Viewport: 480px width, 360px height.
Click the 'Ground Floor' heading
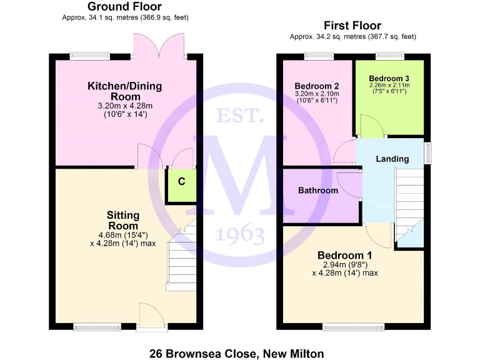point(125,7)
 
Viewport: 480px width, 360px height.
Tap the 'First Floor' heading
point(352,26)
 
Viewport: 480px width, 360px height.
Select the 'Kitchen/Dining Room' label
point(125,91)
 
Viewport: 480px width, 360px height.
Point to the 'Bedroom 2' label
point(317,86)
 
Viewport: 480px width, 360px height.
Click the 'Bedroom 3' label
point(389,77)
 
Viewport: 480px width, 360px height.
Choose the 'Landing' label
point(392,159)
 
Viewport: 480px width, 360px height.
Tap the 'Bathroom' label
point(317,190)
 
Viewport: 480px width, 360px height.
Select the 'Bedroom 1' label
point(344,255)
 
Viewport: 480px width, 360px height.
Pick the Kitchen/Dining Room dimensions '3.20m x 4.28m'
point(125,106)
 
